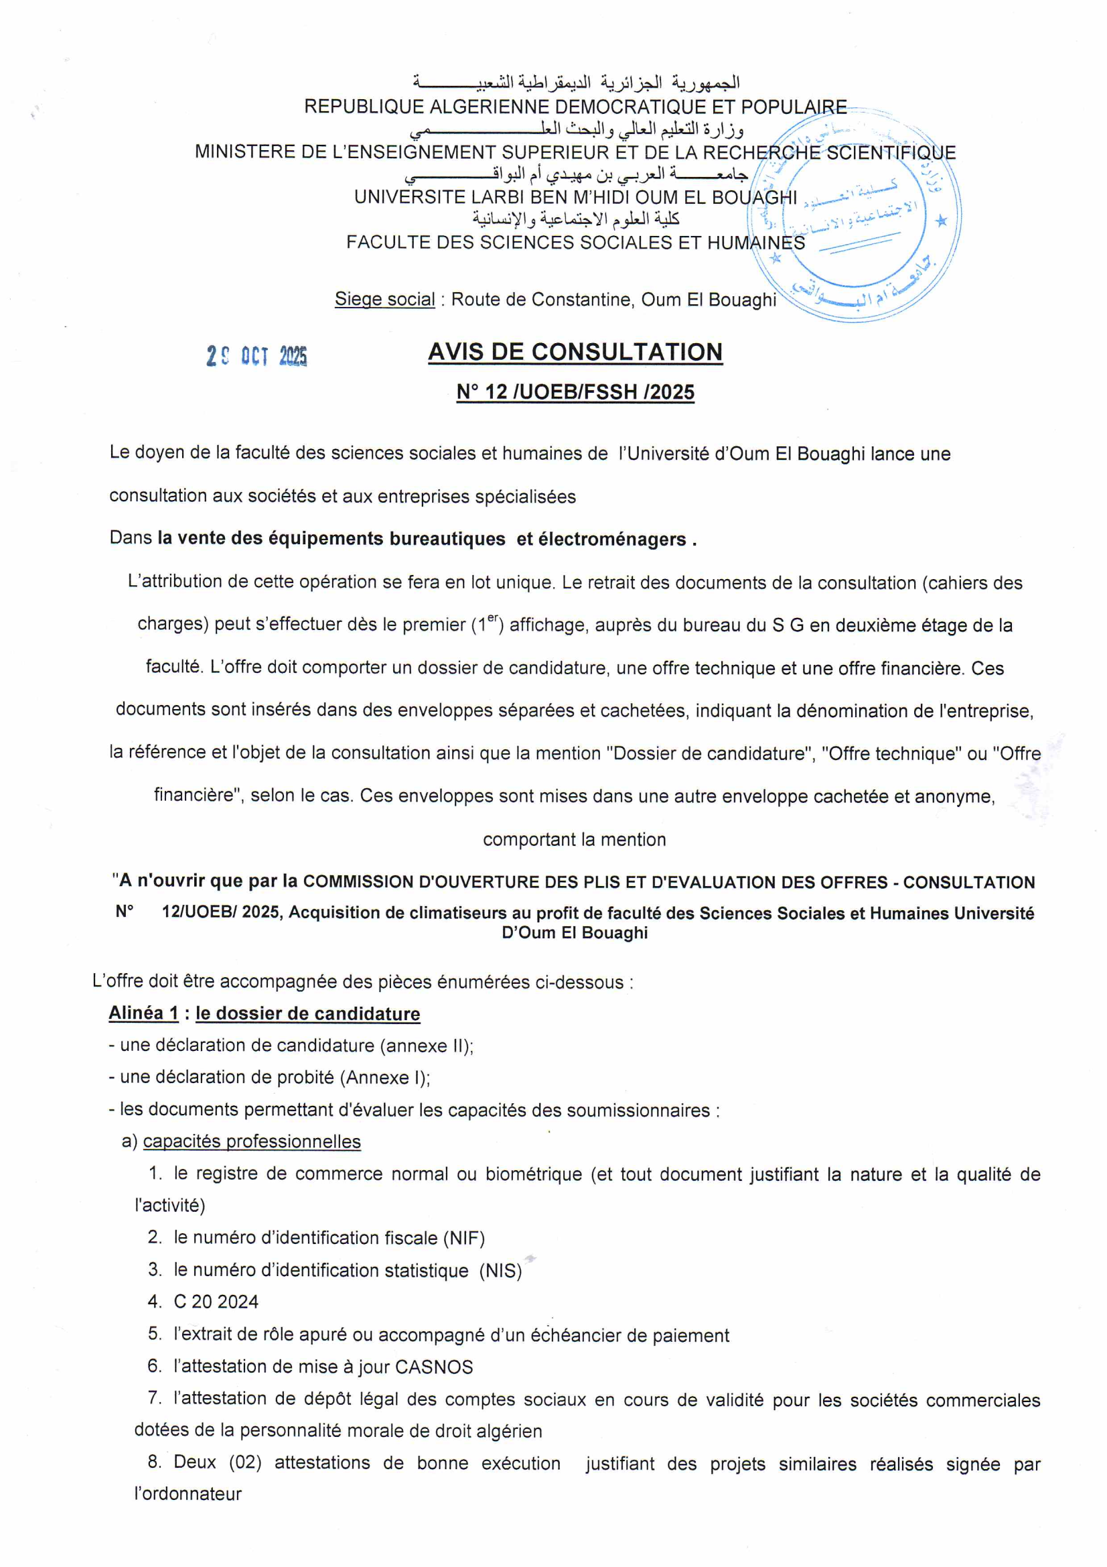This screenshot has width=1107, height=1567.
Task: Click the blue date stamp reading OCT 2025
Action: pos(257,357)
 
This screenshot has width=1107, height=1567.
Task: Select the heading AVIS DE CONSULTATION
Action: pos(575,352)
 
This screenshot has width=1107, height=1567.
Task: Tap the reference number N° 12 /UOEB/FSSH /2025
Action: pos(575,393)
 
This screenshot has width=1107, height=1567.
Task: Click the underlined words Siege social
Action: pos(384,300)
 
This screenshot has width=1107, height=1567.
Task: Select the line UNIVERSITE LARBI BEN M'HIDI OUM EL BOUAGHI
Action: pos(575,197)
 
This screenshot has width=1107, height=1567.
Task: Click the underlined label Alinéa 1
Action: pos(143,1013)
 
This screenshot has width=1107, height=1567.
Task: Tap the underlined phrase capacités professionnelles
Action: pos(252,1142)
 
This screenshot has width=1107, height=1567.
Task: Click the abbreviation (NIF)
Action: pos(464,1238)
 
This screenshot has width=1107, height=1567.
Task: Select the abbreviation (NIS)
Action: pos(500,1270)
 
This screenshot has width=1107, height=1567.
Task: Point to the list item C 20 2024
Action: pos(216,1302)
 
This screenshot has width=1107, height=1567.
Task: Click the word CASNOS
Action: pos(434,1367)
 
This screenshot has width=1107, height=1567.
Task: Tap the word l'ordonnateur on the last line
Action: pos(188,1494)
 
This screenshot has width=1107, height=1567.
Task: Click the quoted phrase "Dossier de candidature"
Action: pos(711,753)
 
